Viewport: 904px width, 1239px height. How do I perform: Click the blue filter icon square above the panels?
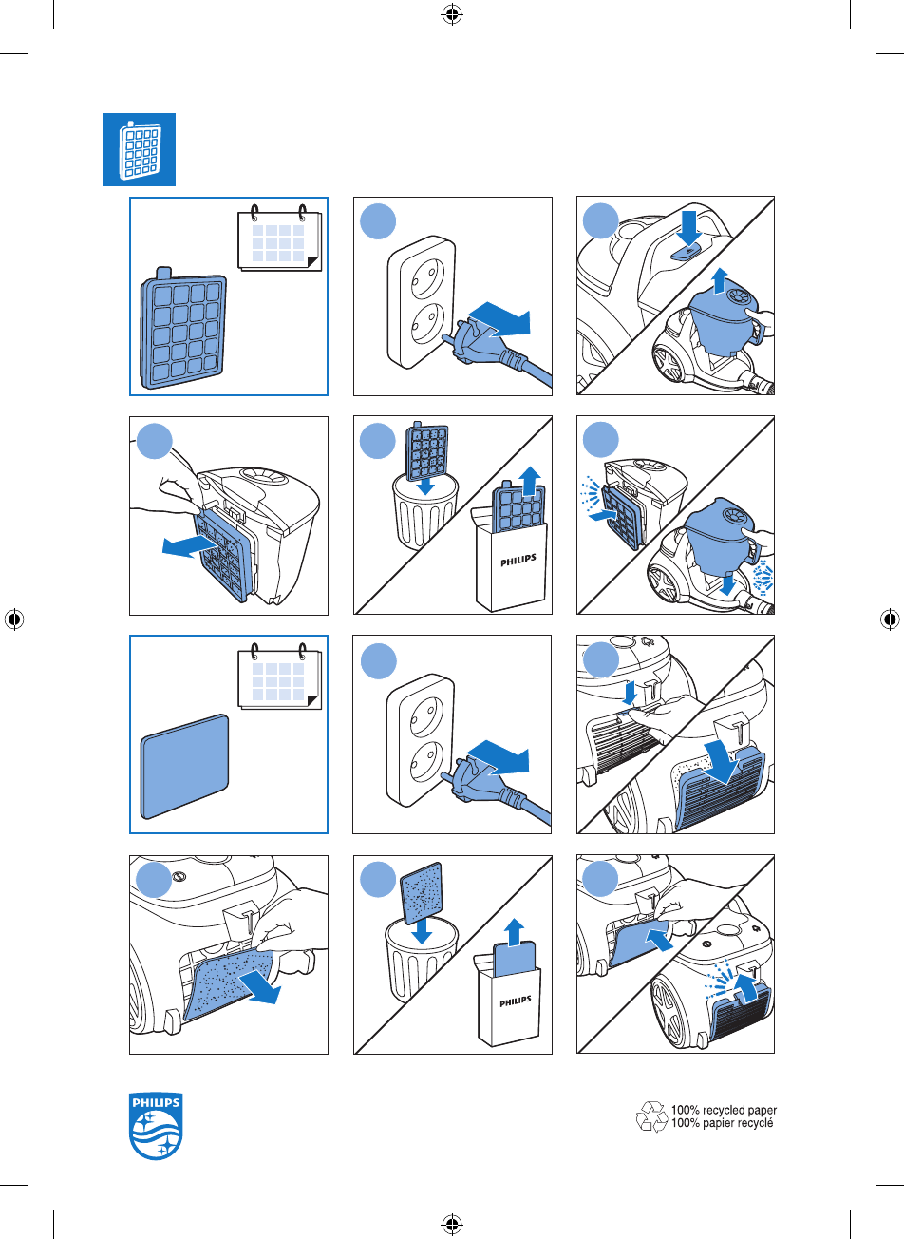[x=139, y=149]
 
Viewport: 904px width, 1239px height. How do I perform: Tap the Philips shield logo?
[x=156, y=1126]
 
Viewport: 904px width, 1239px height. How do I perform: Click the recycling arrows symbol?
[x=651, y=1116]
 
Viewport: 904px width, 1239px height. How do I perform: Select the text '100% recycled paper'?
[x=724, y=1110]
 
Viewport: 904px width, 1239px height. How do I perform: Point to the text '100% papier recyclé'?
[x=722, y=1123]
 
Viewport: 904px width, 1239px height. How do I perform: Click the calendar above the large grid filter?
[x=280, y=238]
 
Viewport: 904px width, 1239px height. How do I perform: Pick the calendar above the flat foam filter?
[x=280, y=676]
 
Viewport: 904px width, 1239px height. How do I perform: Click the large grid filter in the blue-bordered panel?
[x=183, y=327]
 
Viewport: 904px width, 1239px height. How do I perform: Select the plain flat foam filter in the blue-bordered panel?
[x=184, y=766]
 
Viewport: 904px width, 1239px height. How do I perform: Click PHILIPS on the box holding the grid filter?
[x=518, y=561]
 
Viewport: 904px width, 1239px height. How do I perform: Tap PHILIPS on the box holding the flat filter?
[x=516, y=1002]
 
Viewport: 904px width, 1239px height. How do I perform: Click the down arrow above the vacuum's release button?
[x=688, y=227]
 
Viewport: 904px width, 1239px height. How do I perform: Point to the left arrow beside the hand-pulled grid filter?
[x=189, y=545]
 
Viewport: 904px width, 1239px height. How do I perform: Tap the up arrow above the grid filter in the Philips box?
[x=531, y=480]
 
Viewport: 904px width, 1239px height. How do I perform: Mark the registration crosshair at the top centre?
[x=452, y=15]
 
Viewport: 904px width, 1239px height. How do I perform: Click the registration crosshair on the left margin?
[x=14, y=619]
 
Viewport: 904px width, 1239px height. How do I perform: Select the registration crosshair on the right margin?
[x=890, y=619]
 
